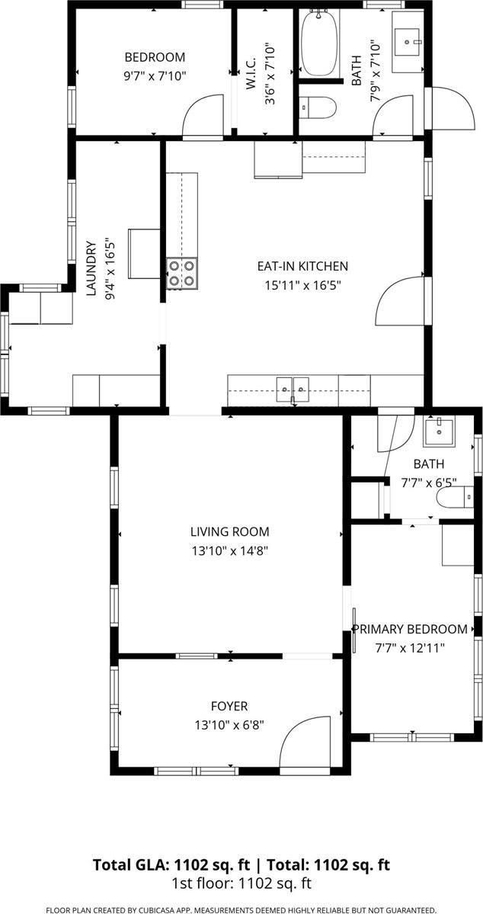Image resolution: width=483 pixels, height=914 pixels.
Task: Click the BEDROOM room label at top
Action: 155,57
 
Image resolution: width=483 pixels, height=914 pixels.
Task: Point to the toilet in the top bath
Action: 317,108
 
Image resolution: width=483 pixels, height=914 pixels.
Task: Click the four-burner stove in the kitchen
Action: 181,273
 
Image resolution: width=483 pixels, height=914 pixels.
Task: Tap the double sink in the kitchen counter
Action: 293,390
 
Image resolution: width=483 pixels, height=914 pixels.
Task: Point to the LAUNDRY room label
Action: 90,268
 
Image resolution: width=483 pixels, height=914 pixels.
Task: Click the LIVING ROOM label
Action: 229,531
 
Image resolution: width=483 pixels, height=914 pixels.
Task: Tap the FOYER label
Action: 229,707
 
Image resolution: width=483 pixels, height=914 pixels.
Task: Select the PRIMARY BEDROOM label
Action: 409,629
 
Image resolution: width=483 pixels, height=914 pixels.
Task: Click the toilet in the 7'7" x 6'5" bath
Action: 450,499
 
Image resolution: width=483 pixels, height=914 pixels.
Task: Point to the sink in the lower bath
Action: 438,433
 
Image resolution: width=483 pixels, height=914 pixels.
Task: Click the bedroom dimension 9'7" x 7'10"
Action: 155,75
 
